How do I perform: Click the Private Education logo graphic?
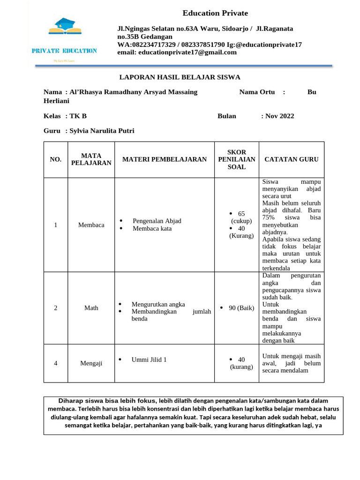coord(64,39)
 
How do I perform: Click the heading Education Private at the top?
coord(215,13)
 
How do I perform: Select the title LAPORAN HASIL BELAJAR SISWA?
coord(180,77)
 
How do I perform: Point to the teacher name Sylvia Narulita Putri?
coord(102,131)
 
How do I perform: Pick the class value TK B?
coord(78,116)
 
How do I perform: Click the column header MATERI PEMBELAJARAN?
coord(164,159)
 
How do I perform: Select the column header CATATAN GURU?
coord(291,159)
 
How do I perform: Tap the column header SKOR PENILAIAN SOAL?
coord(237,159)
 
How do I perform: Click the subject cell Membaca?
coord(91,225)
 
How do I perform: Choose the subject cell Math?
coord(91,308)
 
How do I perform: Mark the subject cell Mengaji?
coord(91,363)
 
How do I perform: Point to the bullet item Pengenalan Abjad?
coord(157,221)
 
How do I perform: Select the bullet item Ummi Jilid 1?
coord(149,360)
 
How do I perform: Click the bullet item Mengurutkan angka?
coord(158,304)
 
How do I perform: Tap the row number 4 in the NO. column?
coord(55,363)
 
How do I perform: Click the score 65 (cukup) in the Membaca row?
coord(241,217)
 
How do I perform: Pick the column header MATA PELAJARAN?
coord(91,159)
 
